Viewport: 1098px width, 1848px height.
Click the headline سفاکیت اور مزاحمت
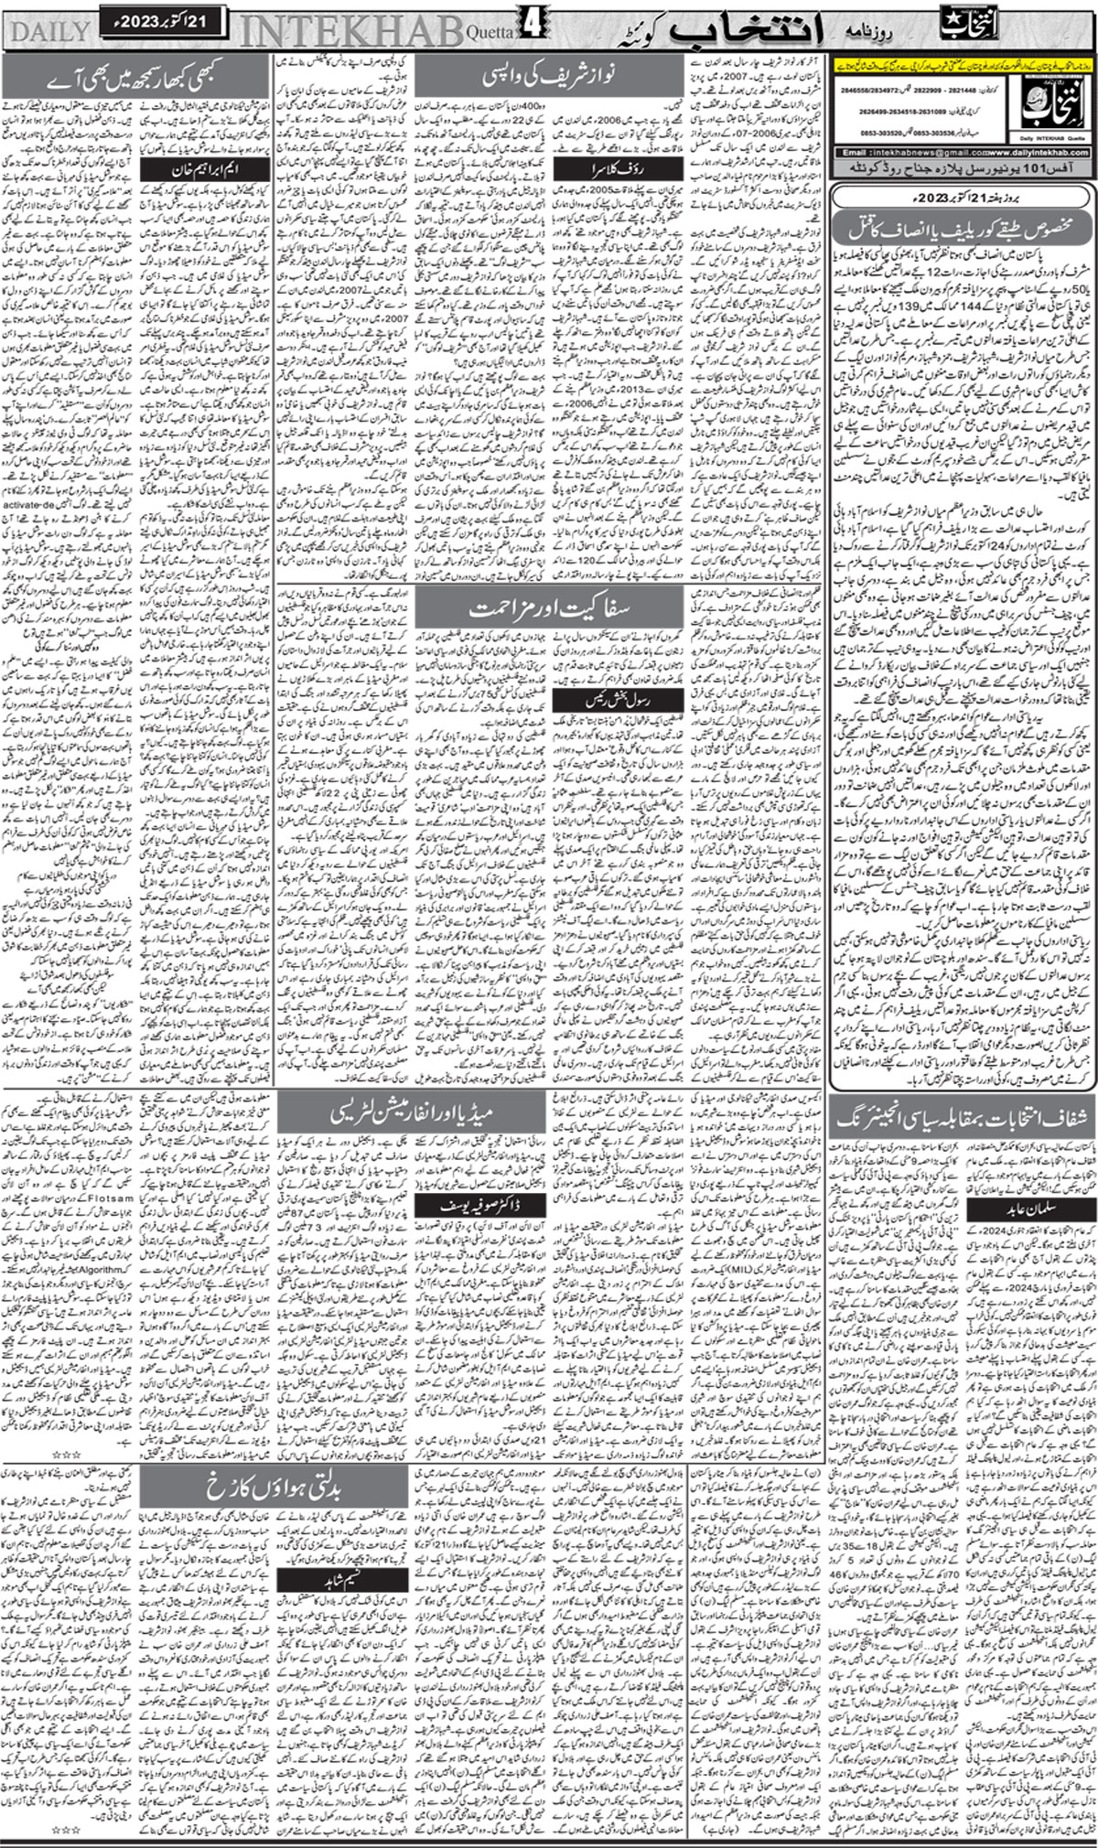pos(548,607)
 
